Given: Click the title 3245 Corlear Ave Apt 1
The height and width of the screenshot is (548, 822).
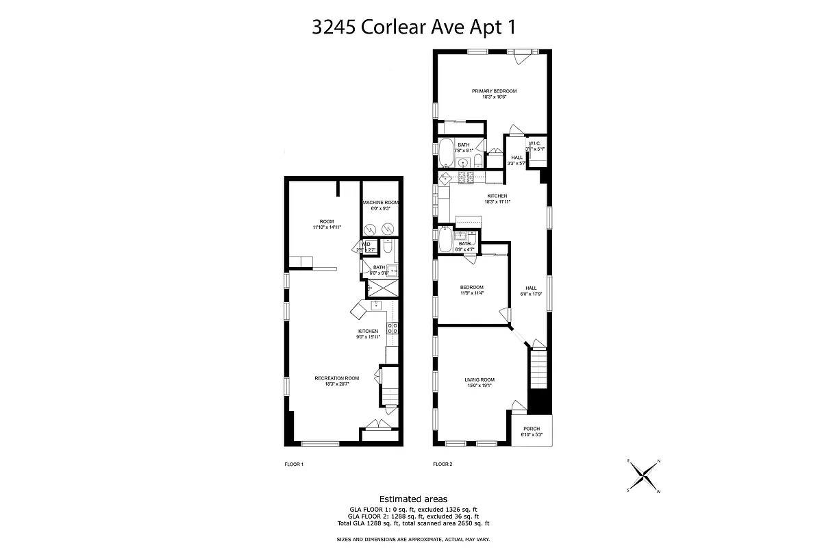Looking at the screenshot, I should coord(413,27).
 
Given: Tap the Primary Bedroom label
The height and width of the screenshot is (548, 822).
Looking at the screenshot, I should coord(494,94).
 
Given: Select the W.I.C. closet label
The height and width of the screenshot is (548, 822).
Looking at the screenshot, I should coord(534,146).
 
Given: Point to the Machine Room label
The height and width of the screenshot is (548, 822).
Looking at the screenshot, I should coord(381,206).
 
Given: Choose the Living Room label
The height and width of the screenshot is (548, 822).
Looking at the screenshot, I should coord(480,382).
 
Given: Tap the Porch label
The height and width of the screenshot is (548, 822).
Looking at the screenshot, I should coord(532,432).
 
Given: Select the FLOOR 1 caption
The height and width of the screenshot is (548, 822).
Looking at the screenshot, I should coord(294,464).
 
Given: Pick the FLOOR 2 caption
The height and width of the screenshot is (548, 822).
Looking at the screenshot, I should coord(443,464).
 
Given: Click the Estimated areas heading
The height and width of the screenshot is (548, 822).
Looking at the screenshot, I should coord(413,499).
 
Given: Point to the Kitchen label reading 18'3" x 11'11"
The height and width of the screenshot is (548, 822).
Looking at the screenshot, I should coord(497,199).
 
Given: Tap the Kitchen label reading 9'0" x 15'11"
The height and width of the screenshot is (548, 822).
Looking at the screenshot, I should coord(367,334).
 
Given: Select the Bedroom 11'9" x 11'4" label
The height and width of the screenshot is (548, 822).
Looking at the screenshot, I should coord(472,290).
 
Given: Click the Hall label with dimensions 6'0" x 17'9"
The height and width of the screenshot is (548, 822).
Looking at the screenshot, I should coord(531,291).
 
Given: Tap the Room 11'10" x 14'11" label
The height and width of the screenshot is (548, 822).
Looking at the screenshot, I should coord(326,224).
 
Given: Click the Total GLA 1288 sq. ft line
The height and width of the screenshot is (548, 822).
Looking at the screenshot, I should coord(413,523).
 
